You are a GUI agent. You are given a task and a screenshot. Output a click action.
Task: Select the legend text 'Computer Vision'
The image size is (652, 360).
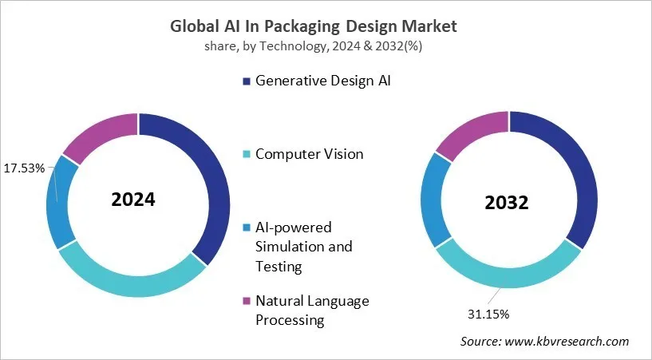pos(309,154)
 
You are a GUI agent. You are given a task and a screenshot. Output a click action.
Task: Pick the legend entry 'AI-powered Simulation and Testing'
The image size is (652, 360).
pos(303,247)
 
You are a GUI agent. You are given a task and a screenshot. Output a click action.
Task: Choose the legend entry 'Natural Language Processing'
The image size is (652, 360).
pos(312,311)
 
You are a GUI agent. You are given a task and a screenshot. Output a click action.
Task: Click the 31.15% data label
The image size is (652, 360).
pos(486,313)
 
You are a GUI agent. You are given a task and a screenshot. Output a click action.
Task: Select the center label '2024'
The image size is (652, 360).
pos(133,200)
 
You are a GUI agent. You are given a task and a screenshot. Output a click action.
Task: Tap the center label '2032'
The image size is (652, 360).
pos(507,203)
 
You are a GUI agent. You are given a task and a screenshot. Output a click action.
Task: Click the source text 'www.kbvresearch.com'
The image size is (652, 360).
pos(567,342)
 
